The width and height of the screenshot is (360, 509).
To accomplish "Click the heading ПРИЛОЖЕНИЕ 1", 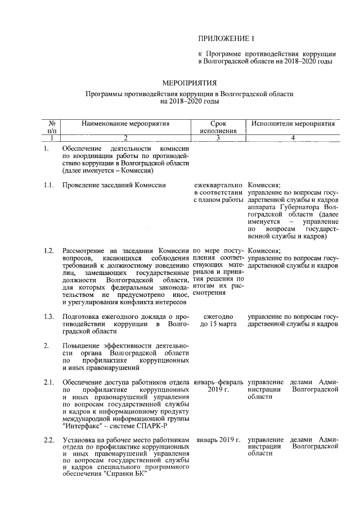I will pyautogui.click(x=226, y=38).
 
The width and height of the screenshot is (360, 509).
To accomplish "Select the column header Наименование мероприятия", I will pyautogui.click(x=125, y=123).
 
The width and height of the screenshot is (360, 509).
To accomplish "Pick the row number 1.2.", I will pyautogui.click(x=49, y=250).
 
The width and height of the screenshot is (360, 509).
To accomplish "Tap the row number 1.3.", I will pyautogui.click(x=49, y=316).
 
